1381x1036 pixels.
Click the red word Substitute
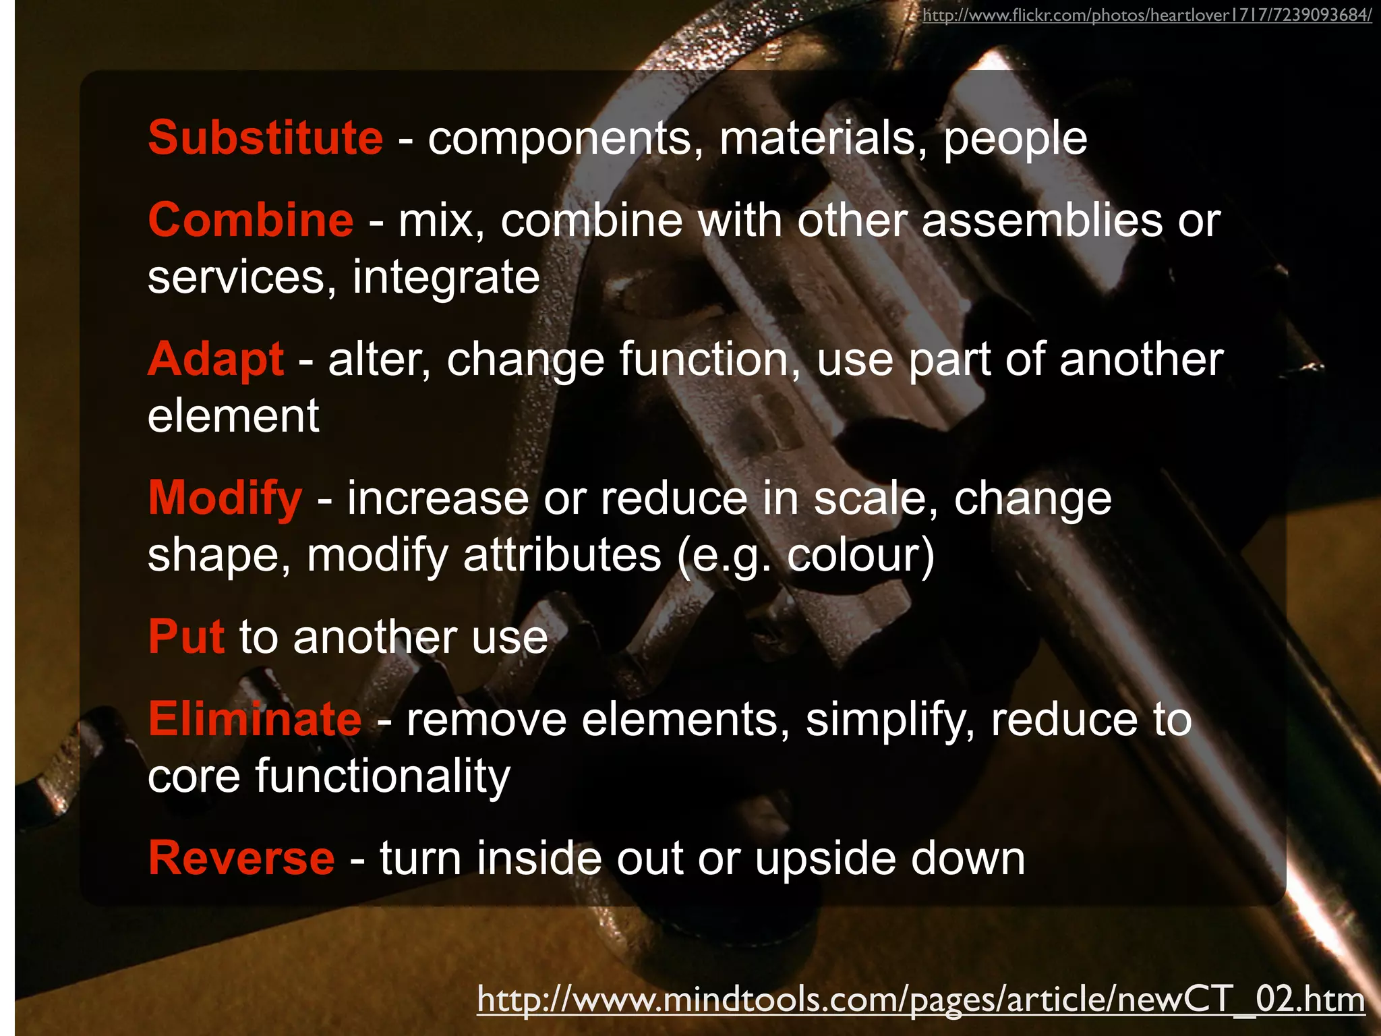[266, 138]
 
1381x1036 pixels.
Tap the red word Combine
[251, 221]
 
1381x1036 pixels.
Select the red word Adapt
[216, 359]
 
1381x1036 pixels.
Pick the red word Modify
[225, 498]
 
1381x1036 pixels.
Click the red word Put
[186, 637]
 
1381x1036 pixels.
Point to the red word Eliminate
[255, 720]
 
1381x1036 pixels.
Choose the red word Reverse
[241, 859]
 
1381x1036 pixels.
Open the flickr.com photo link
[1146, 16]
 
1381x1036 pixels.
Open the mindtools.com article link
[920, 999]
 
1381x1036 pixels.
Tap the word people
[1015, 140]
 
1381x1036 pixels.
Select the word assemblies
[1042, 221]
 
